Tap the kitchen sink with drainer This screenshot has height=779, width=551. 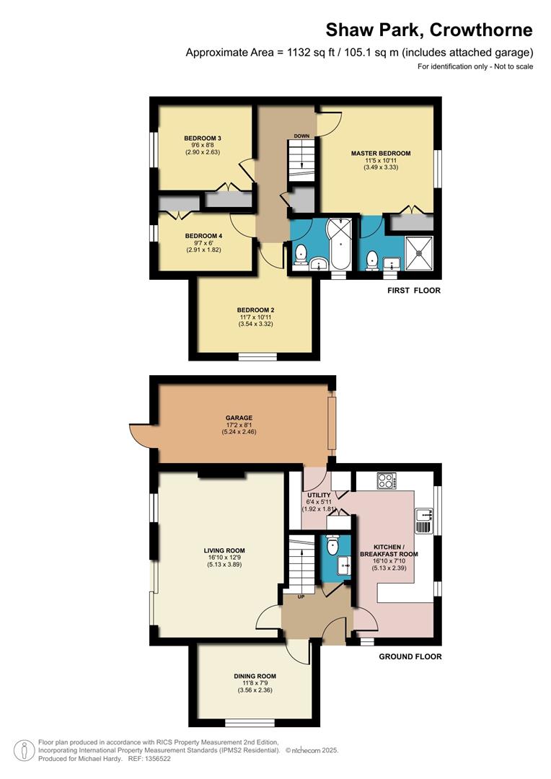pos(423,515)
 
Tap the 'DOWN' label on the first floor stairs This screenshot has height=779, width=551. pos(301,136)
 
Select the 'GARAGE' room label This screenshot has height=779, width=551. pos(238,418)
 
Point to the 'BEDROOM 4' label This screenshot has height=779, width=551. pos(203,236)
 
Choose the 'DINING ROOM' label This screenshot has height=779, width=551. pos(255,676)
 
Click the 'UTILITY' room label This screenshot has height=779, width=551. pos(319,495)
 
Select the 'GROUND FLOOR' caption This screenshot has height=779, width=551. pos(410,656)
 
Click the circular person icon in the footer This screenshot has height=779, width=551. pos(25,750)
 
